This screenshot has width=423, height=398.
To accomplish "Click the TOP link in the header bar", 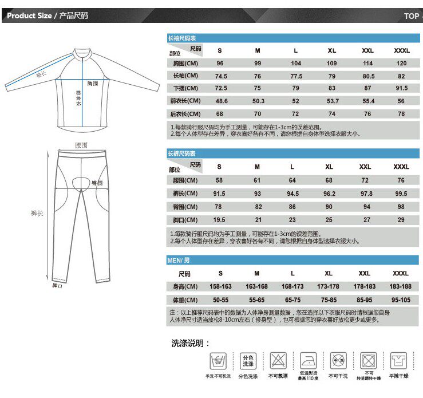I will point(411,16).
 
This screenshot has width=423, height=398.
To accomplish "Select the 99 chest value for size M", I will point(258,64).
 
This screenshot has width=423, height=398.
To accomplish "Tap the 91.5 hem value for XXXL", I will point(401,88).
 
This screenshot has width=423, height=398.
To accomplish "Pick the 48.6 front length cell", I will point(221,101).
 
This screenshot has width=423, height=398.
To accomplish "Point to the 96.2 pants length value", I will point(329,194).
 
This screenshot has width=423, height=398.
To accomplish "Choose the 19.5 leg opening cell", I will point(219,220).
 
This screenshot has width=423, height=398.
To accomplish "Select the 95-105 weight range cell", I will point(401,300).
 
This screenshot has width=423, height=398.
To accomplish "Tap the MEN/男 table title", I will point(179,261).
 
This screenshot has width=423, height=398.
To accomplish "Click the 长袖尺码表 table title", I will point(181,38).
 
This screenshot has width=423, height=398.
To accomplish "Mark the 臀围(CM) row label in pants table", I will point(184,207).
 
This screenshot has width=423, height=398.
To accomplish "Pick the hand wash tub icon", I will point(218,361).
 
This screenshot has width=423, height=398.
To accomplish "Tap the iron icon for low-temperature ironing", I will point(307,361).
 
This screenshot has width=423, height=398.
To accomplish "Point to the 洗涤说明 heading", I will point(191,344).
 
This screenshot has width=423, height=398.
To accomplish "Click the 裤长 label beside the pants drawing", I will point(37,213).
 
